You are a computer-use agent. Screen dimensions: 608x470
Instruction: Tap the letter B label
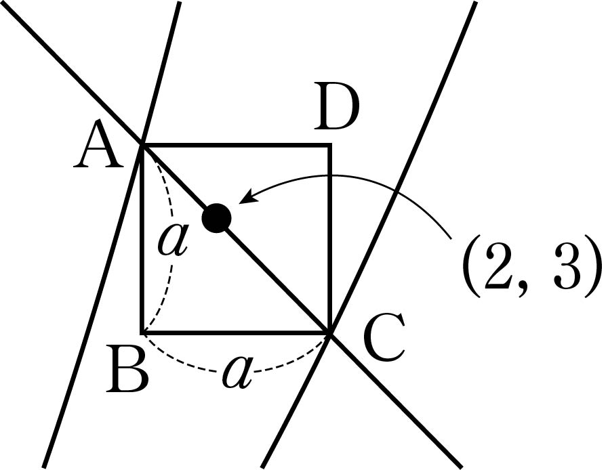127,369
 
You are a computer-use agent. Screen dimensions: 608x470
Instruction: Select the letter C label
384,337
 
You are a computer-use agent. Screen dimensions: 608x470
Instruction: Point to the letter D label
336,106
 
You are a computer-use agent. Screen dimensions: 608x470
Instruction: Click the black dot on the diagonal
216,218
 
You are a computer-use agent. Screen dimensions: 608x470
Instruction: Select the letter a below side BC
237,372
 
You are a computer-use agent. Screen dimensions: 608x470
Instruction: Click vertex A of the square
143,145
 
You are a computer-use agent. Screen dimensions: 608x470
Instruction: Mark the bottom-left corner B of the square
143,333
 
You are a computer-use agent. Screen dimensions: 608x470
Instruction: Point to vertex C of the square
329,333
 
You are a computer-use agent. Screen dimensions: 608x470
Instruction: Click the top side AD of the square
236,145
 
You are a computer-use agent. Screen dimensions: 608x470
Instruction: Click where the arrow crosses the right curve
395,192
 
